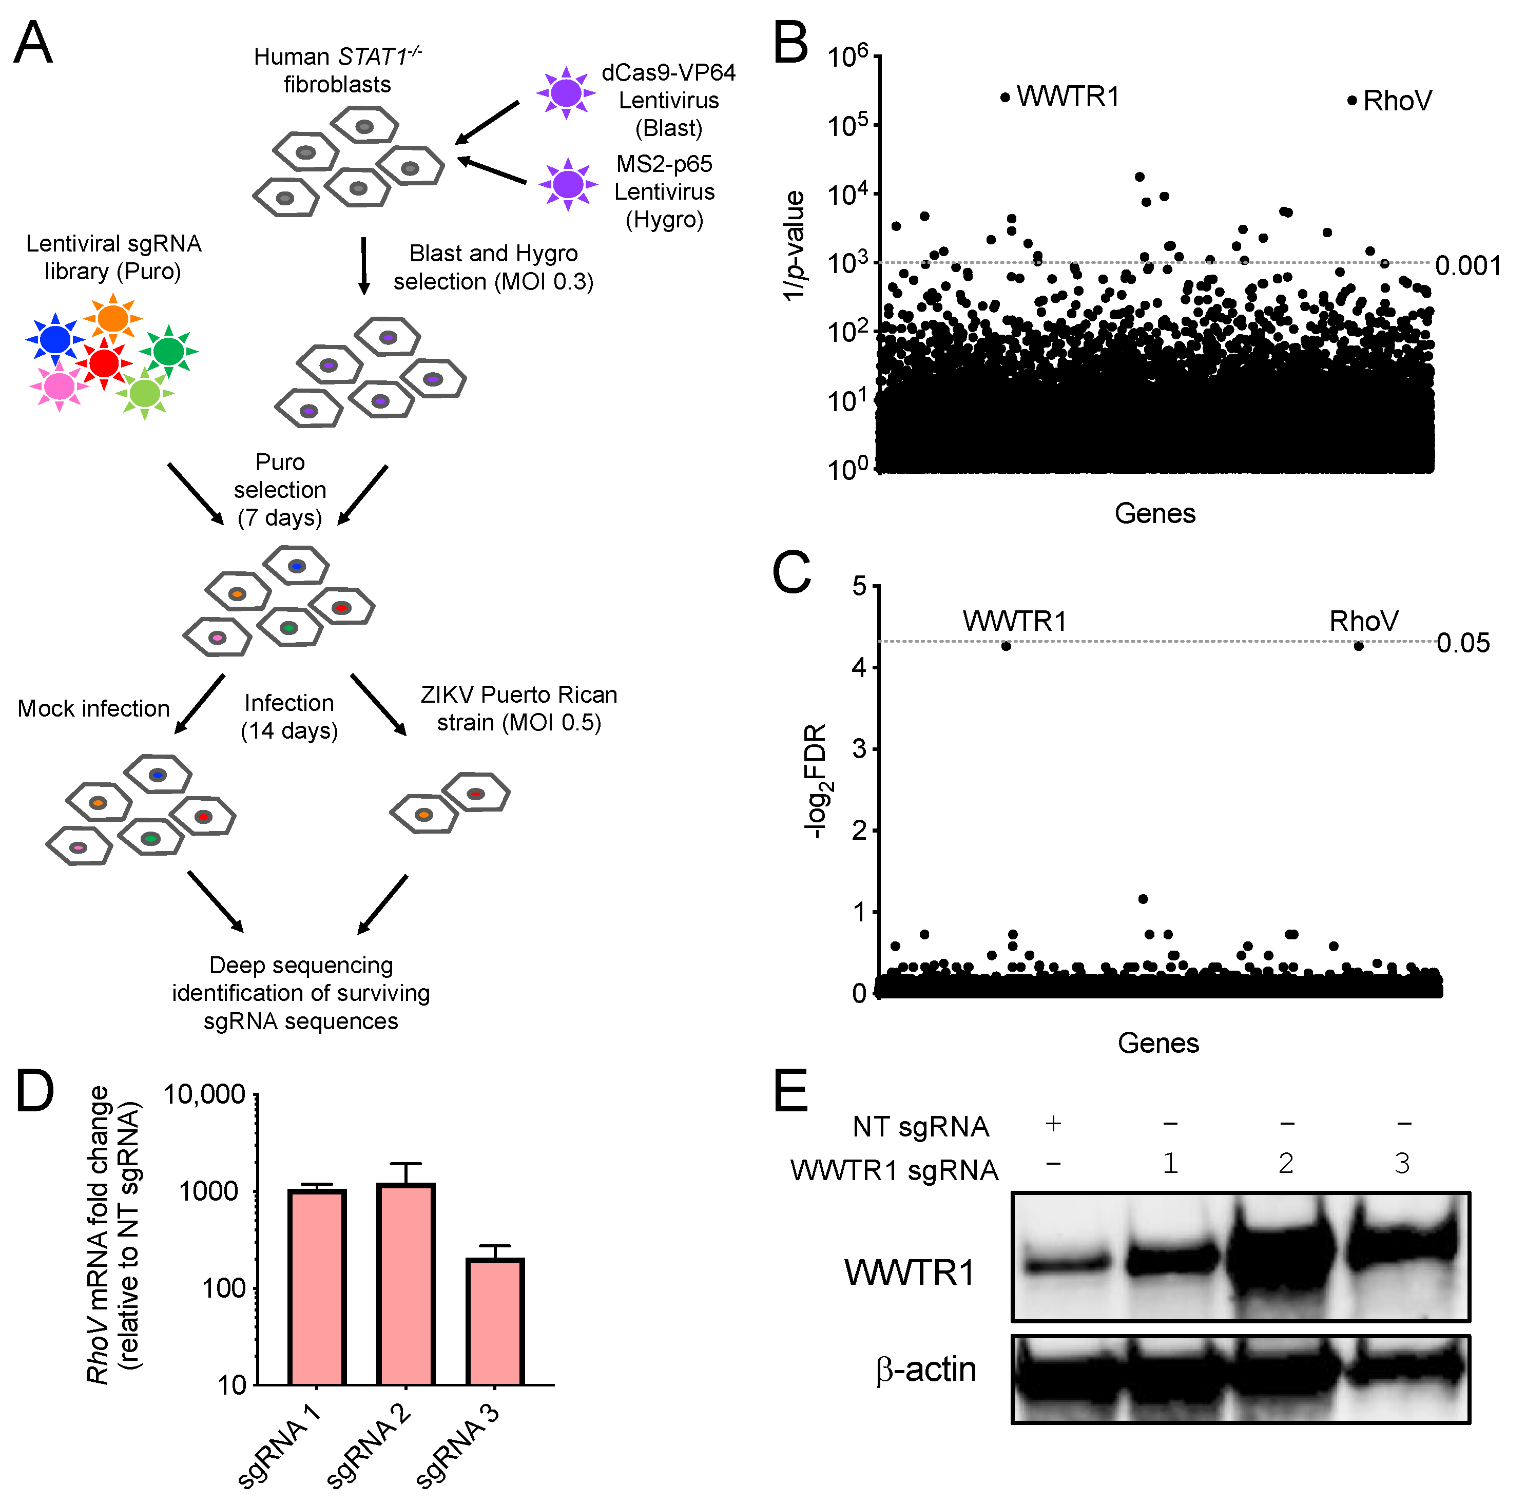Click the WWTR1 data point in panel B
click(1005, 97)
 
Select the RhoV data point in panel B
click(1351, 100)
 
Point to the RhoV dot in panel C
click(1359, 646)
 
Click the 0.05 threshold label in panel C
click(1463, 643)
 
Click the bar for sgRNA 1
click(317, 1287)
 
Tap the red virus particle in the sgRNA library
click(104, 362)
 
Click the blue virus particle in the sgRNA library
click(55, 339)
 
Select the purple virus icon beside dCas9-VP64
click(566, 93)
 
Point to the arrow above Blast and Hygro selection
click(363, 265)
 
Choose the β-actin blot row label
click(925, 1369)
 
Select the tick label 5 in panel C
click(859, 586)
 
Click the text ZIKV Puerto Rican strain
click(519, 708)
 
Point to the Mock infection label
click(93, 708)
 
